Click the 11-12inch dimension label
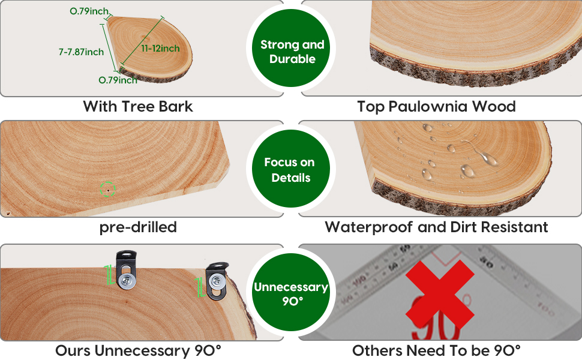tap(160, 48)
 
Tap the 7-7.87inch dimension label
tap(81, 52)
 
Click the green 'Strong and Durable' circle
tap(292, 52)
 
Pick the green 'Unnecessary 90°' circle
tap(291, 293)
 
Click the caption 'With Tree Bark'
tap(138, 107)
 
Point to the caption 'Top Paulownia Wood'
tap(436, 107)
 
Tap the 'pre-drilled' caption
tap(138, 227)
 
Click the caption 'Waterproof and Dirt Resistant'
tap(436, 227)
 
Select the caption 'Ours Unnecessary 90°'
tap(138, 350)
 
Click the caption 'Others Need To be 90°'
tap(436, 350)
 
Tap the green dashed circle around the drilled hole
tap(107, 189)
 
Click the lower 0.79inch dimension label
tap(118, 80)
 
